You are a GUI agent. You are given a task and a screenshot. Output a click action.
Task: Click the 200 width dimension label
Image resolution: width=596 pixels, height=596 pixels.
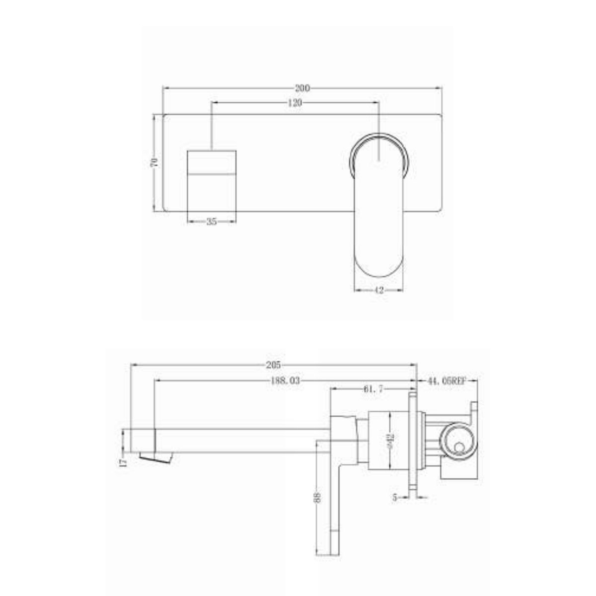point(302,88)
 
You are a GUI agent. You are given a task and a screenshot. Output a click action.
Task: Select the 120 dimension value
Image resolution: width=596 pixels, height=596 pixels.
point(295,103)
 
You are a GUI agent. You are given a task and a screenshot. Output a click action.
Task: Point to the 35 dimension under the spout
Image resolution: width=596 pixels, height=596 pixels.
point(212,222)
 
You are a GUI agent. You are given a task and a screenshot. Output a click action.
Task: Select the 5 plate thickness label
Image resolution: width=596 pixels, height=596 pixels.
point(395,497)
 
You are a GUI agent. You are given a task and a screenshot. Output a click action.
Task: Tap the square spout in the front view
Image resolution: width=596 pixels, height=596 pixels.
point(212,179)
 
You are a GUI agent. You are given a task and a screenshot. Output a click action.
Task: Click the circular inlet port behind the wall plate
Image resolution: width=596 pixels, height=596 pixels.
point(459,440)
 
